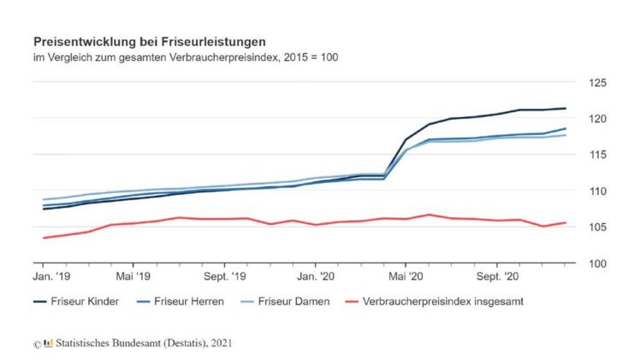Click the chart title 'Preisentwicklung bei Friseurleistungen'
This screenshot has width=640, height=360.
(x=149, y=41)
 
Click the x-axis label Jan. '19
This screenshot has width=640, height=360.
(x=51, y=277)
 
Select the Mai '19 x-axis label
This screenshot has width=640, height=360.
(x=133, y=277)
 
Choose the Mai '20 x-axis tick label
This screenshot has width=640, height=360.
(x=406, y=277)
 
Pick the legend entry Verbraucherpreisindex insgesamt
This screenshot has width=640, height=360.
(x=443, y=302)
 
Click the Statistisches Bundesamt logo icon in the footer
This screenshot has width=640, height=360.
(x=48, y=343)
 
